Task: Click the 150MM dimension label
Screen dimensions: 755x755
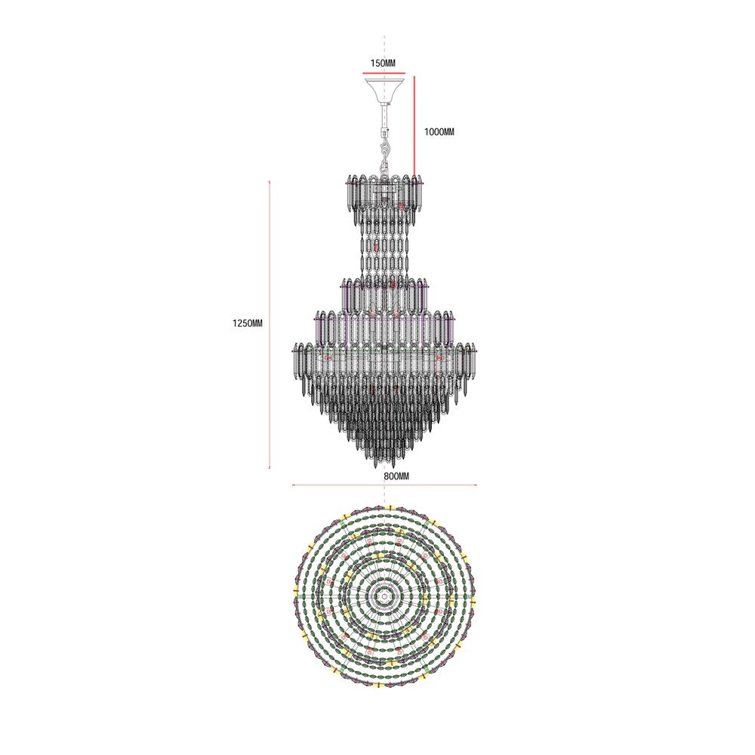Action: click(383, 63)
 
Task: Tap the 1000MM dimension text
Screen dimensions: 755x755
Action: click(439, 131)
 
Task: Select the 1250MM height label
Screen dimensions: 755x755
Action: click(248, 324)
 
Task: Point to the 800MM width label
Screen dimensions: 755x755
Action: click(396, 476)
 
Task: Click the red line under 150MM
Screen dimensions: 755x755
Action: click(384, 74)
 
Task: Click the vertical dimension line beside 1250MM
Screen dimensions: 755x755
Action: click(270, 325)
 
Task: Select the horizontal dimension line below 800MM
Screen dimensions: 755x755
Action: click(384, 485)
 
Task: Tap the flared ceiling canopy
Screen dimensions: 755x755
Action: click(384, 90)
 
